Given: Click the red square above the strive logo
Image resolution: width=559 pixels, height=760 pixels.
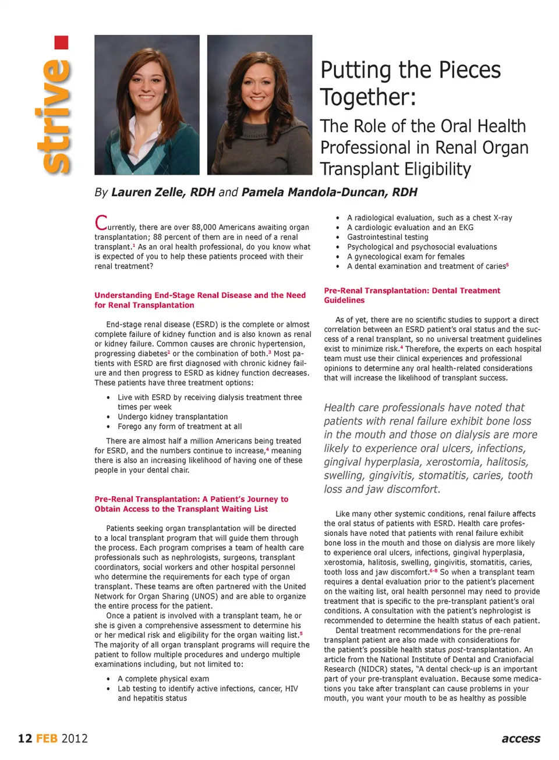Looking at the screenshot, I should [x=61, y=43].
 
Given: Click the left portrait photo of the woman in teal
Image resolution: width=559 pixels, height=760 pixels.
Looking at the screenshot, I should [x=147, y=105].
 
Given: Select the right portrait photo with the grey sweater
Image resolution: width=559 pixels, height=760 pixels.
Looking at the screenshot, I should [x=260, y=105].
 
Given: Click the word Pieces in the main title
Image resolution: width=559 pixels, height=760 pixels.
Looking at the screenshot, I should [x=469, y=70].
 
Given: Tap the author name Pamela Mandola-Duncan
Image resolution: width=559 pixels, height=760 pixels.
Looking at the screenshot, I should [x=329, y=192].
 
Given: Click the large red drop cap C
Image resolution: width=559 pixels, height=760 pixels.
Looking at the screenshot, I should [x=101, y=222].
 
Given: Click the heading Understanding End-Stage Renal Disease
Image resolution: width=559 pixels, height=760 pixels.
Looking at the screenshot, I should [x=200, y=295].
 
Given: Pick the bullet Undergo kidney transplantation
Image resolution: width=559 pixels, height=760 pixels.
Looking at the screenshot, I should [x=172, y=417].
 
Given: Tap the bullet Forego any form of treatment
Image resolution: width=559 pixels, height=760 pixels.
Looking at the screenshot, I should [x=179, y=426].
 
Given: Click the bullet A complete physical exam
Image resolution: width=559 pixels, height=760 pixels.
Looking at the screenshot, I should [x=163, y=679].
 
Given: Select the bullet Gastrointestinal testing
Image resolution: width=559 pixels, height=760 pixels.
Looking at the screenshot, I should [x=387, y=237].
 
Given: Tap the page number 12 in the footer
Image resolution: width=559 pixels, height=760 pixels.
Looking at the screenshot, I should [x=25, y=738].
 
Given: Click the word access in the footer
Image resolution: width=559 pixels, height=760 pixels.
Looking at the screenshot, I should [x=521, y=738].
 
